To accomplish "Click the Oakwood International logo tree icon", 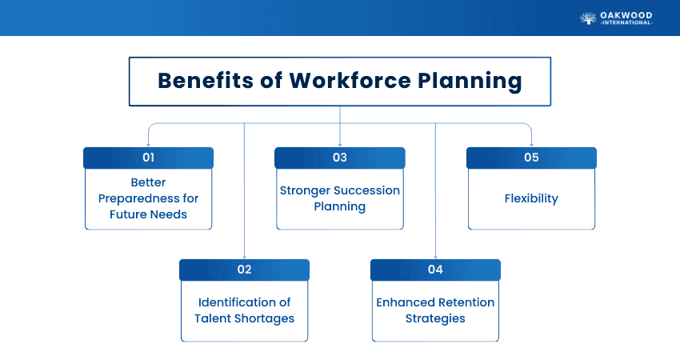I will coord(588,17).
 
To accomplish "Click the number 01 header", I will coord(148,158).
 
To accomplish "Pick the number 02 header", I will coord(244,270).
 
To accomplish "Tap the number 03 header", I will coord(340,158).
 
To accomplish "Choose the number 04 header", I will coord(435,270).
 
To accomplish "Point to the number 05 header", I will coord(531,158).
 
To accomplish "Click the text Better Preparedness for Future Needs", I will coord(148,198).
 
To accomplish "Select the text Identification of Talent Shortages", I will coord(244,310).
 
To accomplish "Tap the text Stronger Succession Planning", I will coord(340,198).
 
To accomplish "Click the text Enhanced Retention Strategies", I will coord(435,310).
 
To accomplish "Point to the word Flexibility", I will coord(531,198).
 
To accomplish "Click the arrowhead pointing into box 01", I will coord(148,144).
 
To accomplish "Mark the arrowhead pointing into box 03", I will coord(340,144).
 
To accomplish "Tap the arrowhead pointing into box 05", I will coord(531,144).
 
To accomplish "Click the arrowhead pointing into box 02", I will coord(244,256).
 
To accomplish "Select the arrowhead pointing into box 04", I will coord(435,256).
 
